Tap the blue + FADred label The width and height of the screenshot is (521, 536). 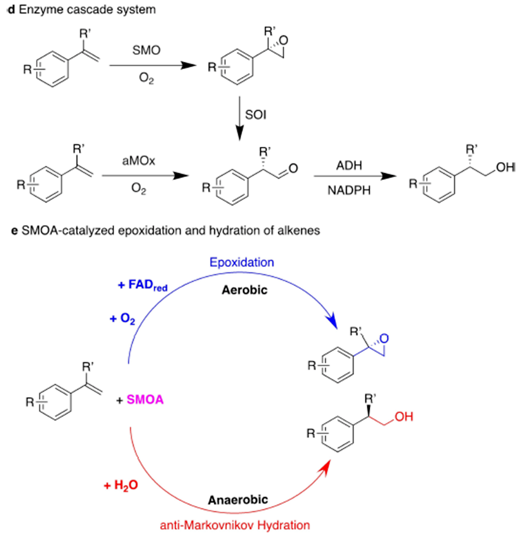142,285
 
